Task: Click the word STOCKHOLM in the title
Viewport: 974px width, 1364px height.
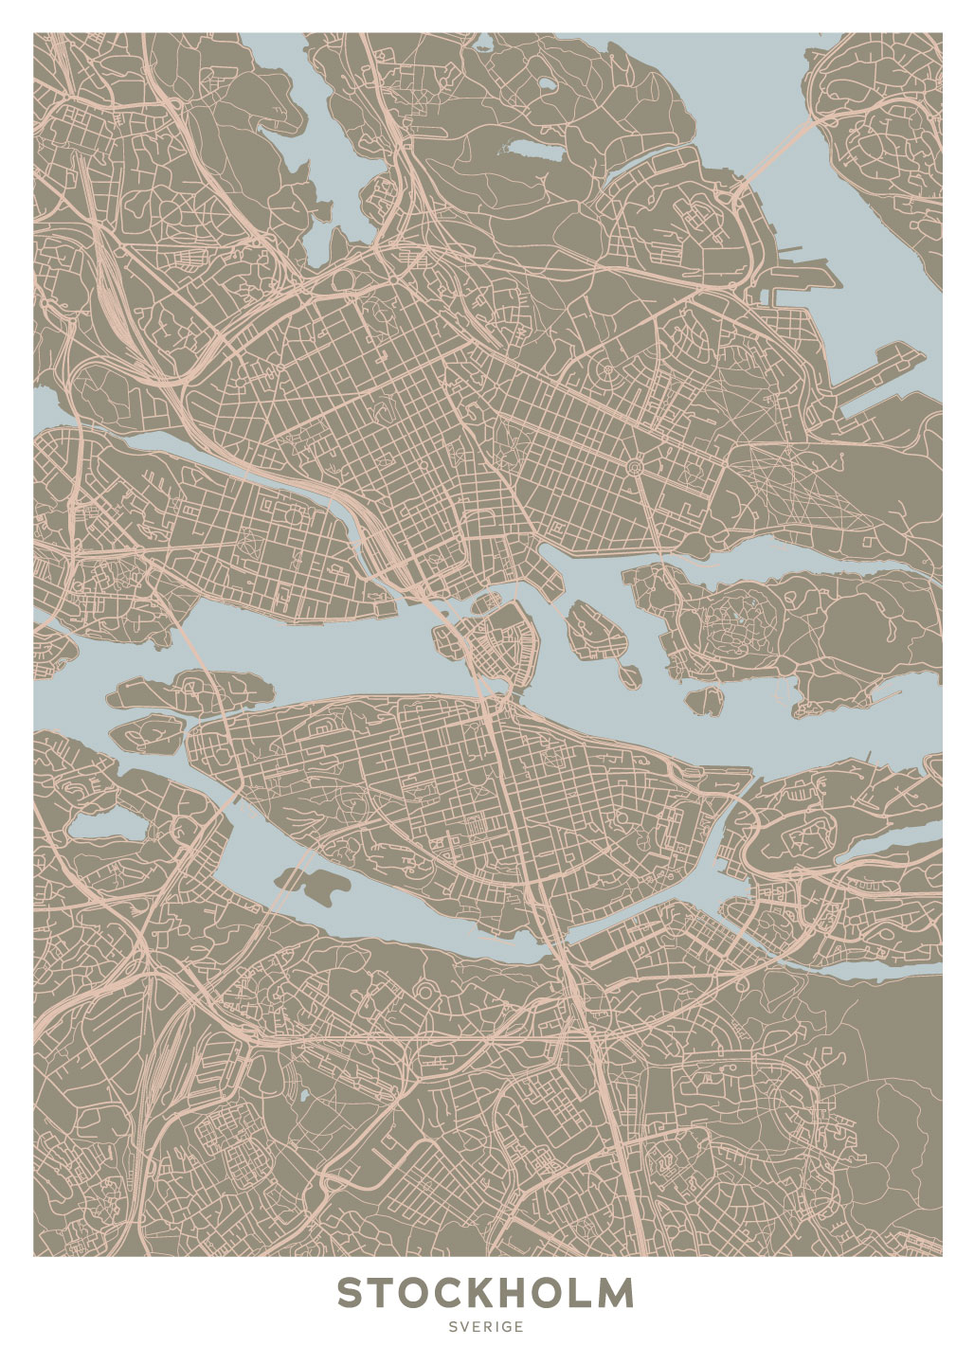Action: pyautogui.click(x=486, y=1292)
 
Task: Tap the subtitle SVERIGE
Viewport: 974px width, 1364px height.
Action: pyautogui.click(x=486, y=1327)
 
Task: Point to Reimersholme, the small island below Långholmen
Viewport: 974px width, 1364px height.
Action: pyautogui.click(x=147, y=731)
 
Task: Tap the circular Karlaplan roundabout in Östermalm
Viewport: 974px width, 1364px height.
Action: pyautogui.click(x=634, y=465)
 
